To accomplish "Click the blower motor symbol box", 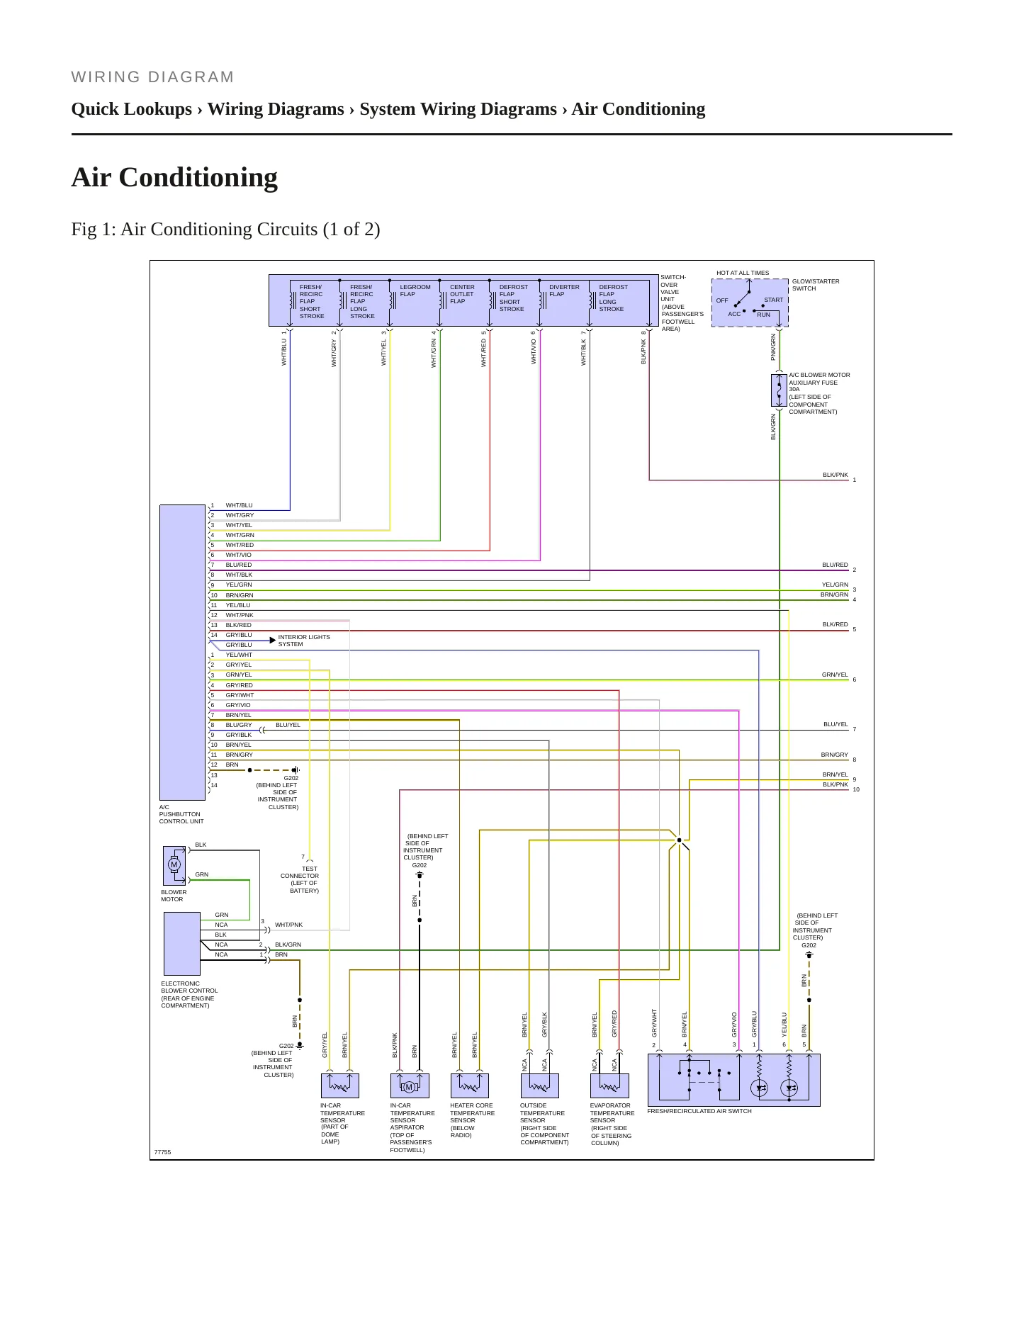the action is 174,865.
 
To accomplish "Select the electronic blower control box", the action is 182,943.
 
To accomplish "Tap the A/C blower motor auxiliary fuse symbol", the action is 779,390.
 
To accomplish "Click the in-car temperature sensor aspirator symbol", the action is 410,1086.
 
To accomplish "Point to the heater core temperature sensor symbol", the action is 470,1086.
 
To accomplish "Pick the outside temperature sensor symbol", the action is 539,1086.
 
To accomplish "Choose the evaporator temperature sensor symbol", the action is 609,1086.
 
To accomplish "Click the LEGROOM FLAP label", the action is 415,291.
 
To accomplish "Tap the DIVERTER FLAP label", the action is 564,291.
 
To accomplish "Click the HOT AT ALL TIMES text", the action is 743,273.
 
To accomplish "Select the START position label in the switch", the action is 774,300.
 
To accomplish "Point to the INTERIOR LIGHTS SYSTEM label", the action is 304,641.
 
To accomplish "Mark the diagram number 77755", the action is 162,1152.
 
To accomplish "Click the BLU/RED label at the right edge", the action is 835,565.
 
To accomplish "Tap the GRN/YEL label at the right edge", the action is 835,675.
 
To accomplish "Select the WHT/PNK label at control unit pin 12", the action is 240,615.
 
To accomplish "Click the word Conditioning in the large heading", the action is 198,178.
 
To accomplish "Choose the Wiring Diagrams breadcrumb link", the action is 276,109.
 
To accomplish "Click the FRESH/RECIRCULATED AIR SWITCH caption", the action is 699,1111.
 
